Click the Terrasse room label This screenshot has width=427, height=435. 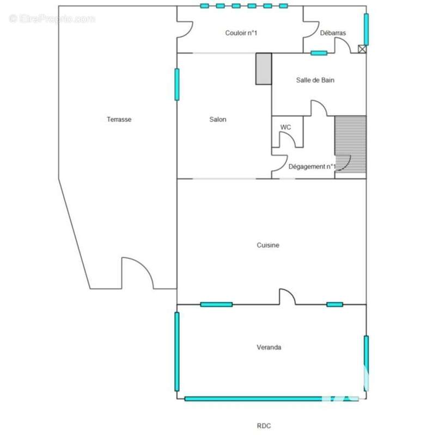(x=119, y=119)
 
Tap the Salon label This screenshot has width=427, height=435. (x=218, y=119)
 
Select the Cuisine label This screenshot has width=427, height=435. (x=268, y=245)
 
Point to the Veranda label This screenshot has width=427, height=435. (x=269, y=347)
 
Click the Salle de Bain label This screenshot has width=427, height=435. (x=315, y=80)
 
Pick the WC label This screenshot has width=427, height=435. (x=285, y=127)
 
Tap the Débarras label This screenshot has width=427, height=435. (x=333, y=33)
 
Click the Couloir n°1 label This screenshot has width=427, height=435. (x=241, y=33)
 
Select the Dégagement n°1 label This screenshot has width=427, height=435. (x=312, y=166)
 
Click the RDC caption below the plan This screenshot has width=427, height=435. (x=264, y=426)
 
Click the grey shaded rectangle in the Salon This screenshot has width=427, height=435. (x=264, y=69)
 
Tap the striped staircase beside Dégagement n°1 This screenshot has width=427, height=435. (x=350, y=145)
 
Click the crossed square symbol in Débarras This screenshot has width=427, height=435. (x=362, y=49)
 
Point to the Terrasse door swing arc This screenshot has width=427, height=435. (x=143, y=266)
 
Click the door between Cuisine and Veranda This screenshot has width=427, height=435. (x=287, y=296)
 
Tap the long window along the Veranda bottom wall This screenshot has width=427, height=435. (x=271, y=399)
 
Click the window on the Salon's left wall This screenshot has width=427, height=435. (x=177, y=84)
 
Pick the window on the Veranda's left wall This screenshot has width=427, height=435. (x=177, y=351)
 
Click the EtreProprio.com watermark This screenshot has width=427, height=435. (x=52, y=19)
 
